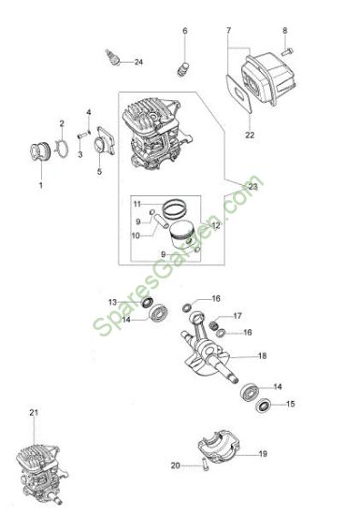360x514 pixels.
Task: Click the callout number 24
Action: [138, 62]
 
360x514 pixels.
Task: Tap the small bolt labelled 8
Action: [287, 50]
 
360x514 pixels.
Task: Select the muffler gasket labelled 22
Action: [239, 93]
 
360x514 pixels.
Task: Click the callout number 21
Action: [34, 413]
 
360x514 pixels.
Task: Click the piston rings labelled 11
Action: [175, 209]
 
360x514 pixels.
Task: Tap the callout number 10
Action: [136, 236]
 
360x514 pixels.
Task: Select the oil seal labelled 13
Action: [147, 302]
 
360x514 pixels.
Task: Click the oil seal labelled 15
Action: [264, 406]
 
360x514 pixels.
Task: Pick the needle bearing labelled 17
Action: [214, 325]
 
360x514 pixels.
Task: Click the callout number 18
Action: [263, 356]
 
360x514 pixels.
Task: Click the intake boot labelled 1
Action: [40, 152]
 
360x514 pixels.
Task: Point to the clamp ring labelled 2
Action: [62, 150]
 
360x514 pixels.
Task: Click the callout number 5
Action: [99, 171]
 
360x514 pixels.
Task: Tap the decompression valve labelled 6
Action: [183, 69]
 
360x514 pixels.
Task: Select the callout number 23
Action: [253, 187]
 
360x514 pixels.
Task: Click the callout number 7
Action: [228, 30]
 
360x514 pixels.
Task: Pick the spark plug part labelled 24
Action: [113, 58]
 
